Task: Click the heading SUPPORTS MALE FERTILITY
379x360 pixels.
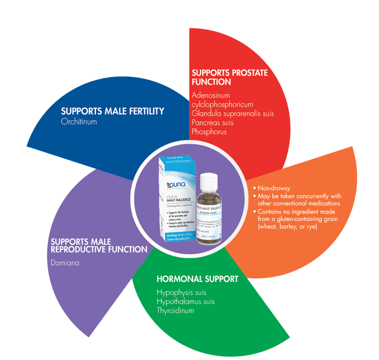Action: pyautogui.click(x=113, y=111)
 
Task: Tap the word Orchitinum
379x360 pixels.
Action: pyautogui.click(x=78, y=121)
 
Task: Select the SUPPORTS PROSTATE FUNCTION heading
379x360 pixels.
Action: pyautogui.click(x=230, y=77)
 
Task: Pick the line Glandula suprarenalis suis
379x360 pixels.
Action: pyautogui.click(x=233, y=113)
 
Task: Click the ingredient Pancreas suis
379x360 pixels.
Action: pyautogui.click(x=213, y=123)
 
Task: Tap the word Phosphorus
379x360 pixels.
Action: pyautogui.click(x=210, y=132)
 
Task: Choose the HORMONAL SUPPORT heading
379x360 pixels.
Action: pyautogui.click(x=197, y=278)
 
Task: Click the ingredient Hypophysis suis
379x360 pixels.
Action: pyautogui.click(x=181, y=292)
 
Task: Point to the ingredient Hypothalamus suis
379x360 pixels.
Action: pyautogui.click(x=185, y=302)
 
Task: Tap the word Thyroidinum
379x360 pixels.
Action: pyautogui.click(x=175, y=311)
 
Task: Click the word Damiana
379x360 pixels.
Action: pyautogui.click(x=65, y=262)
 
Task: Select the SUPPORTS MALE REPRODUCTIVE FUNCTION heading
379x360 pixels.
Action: pyautogui.click(x=98, y=245)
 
